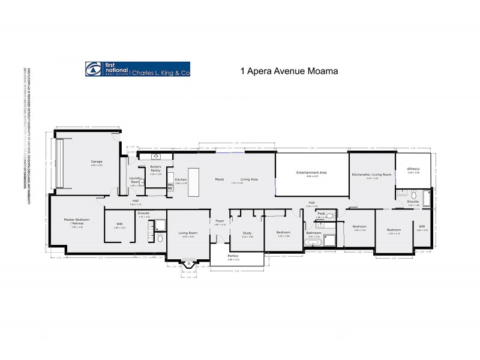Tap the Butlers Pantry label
coord(155,169)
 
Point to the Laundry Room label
coord(136,180)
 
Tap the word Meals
coord(219,179)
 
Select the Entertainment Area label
coord(311,172)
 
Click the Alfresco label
coord(413,169)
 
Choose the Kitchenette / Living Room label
coord(372,174)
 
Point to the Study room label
coord(247,233)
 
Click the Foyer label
coord(220,221)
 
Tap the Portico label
coord(233,256)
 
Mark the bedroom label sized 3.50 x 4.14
coord(394,230)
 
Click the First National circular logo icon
coord(94,70)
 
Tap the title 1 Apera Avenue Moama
coord(289,70)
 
